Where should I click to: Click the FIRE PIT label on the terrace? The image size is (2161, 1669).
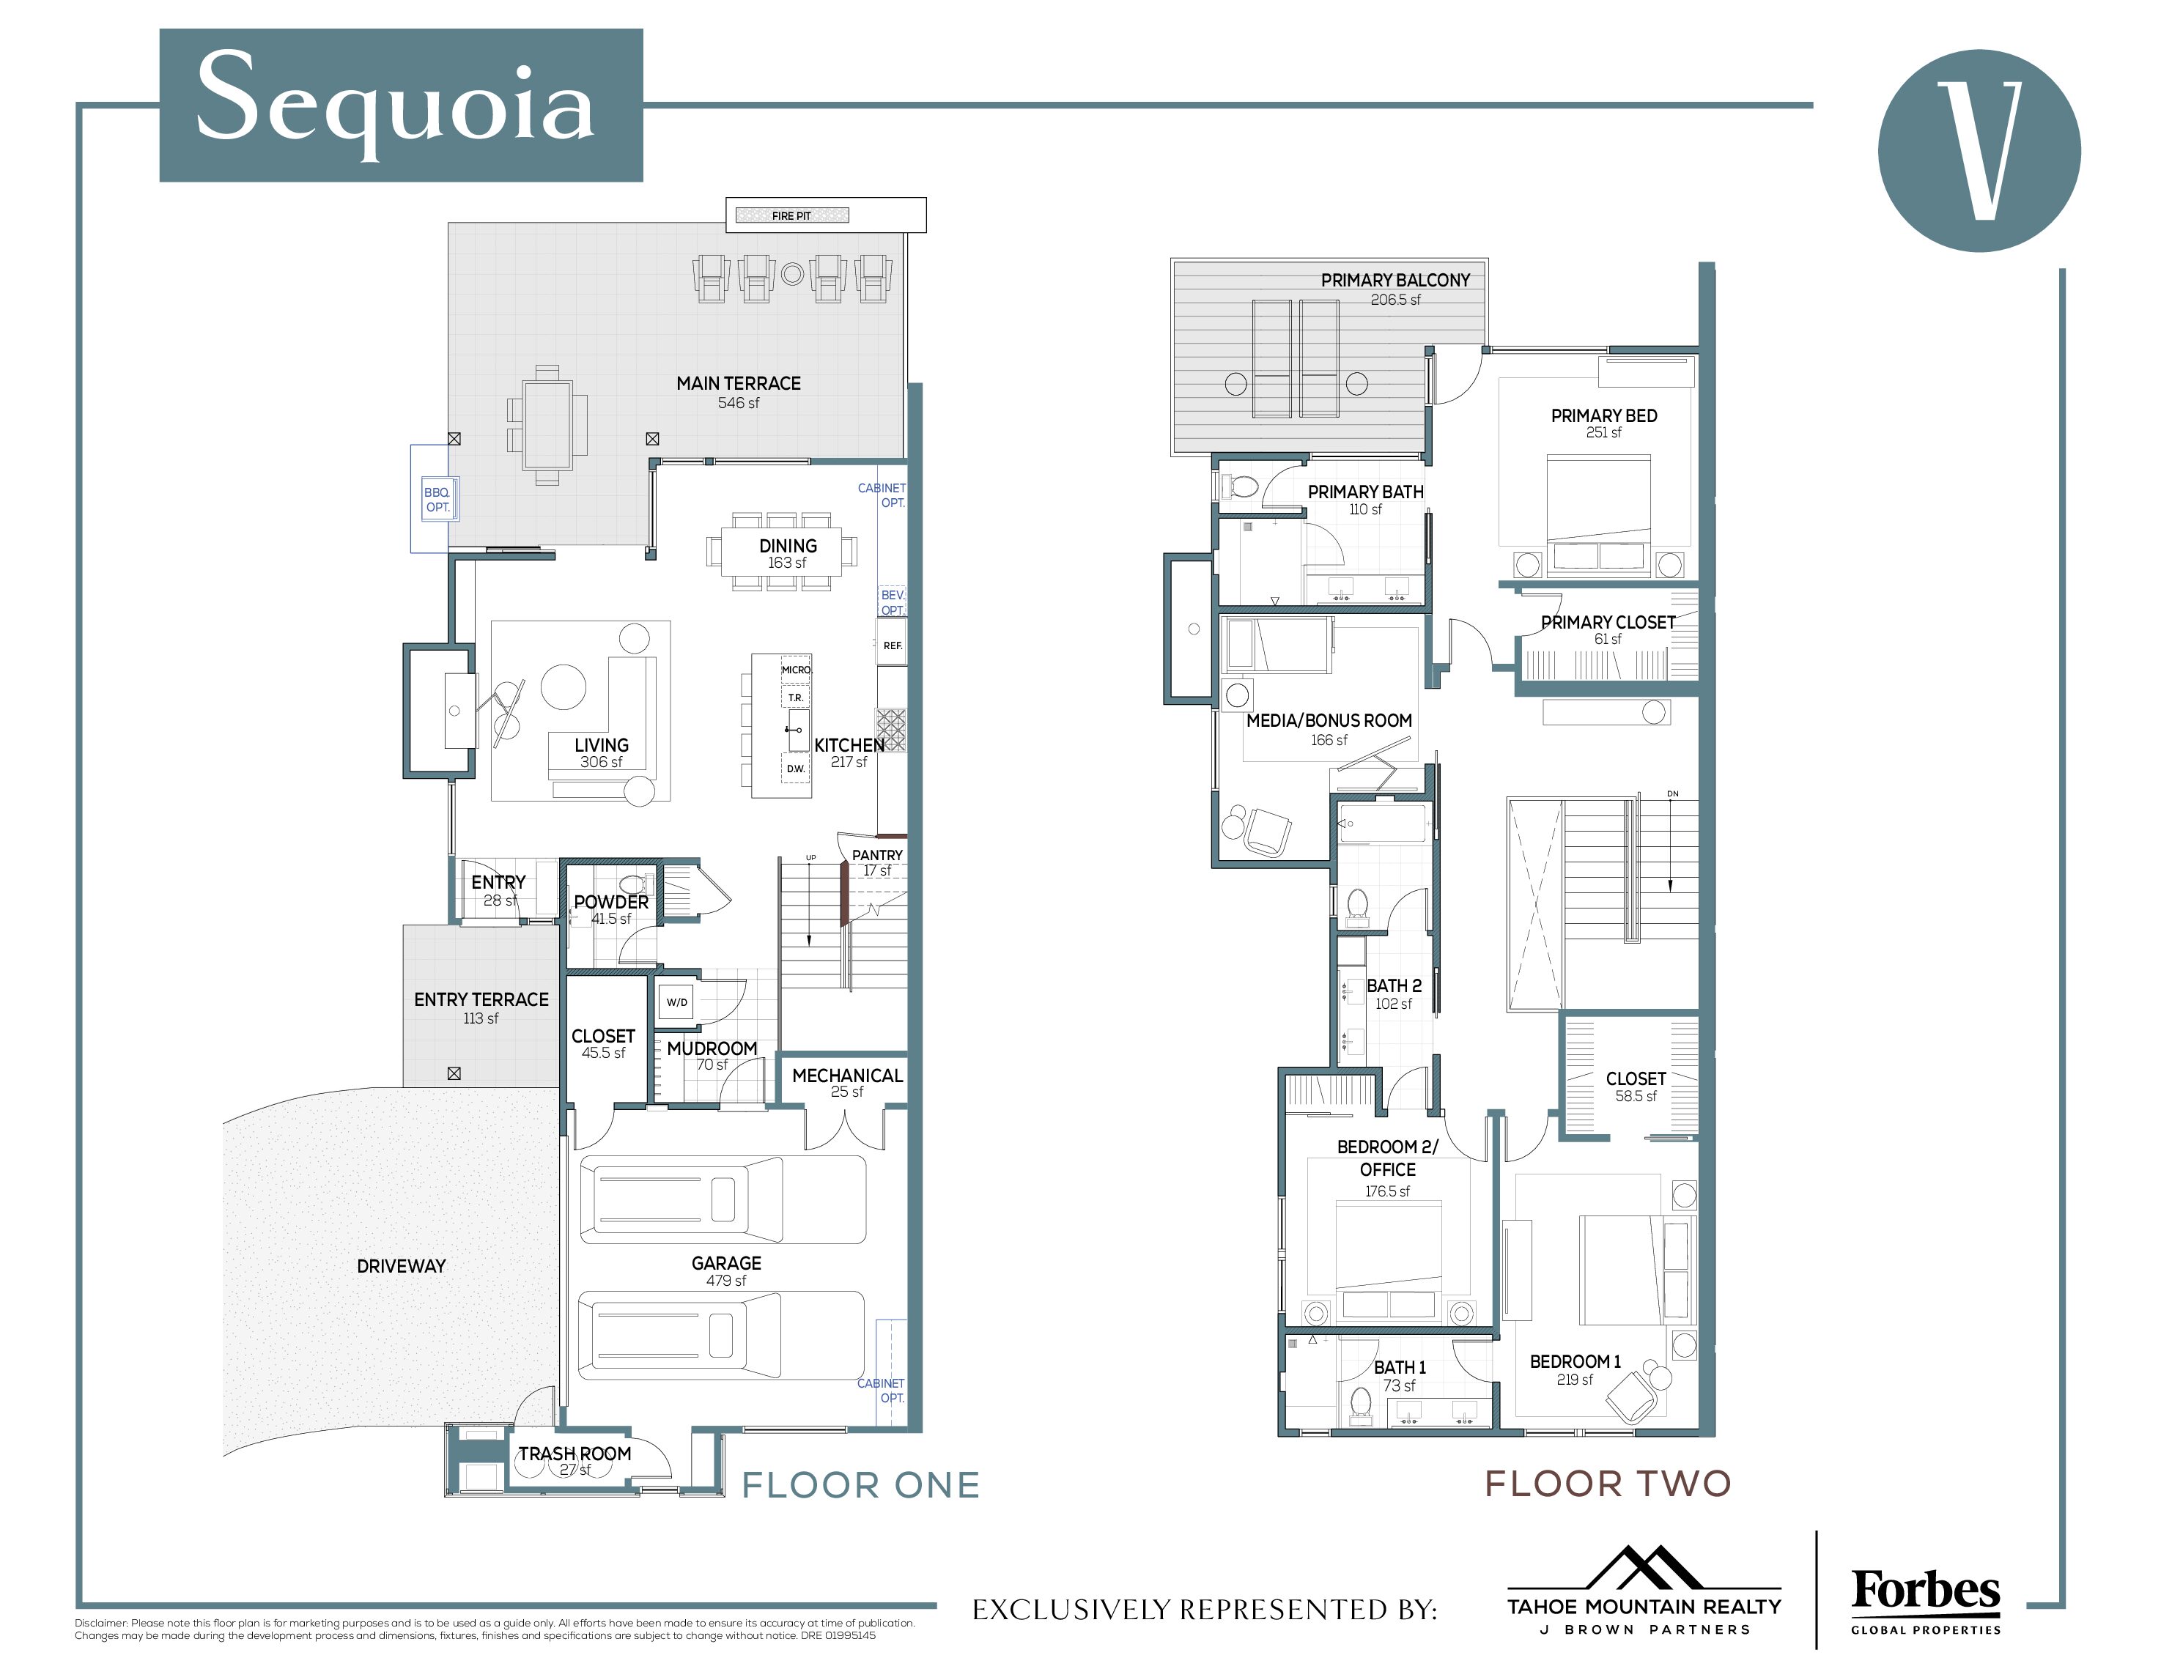pos(791,215)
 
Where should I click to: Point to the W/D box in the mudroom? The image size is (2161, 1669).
pos(677,1002)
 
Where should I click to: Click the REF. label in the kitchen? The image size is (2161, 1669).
pos(893,645)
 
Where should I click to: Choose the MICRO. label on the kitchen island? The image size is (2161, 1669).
pos(796,670)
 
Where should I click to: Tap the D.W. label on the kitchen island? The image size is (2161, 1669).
pos(796,769)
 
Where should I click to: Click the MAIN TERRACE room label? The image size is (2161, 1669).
pos(738,383)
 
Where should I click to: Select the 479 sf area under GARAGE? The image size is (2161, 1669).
pos(726,1280)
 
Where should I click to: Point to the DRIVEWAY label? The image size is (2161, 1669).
pos(401,1265)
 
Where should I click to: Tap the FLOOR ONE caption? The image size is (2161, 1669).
pos(861,1485)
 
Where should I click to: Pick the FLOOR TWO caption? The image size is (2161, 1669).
pos(1608,1483)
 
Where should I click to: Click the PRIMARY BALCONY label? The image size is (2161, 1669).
pos(1395,280)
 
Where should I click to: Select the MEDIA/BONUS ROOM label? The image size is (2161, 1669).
pos(1329,720)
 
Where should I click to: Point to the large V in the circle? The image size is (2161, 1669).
pos(1979,150)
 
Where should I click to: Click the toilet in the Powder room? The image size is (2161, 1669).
pos(630,884)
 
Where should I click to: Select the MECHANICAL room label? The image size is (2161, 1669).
pos(847,1076)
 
